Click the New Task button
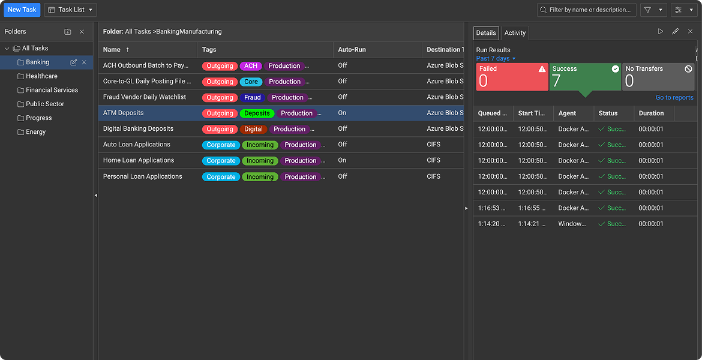click(x=22, y=10)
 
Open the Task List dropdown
click(x=70, y=10)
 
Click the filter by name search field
click(x=591, y=10)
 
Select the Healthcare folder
click(x=41, y=76)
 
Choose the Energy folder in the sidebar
click(x=35, y=132)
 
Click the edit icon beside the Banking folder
click(x=74, y=62)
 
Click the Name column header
click(x=112, y=50)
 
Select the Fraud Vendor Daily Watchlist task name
click(x=145, y=97)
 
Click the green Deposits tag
click(x=257, y=113)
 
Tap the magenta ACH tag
click(x=251, y=66)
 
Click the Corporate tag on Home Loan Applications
click(x=221, y=161)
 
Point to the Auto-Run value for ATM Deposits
click(x=342, y=113)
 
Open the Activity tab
click(x=515, y=33)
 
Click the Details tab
click(x=486, y=33)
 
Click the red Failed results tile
click(x=512, y=77)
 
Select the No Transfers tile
click(x=658, y=77)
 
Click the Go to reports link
click(x=674, y=97)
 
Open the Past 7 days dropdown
click(x=496, y=58)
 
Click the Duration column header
click(x=651, y=113)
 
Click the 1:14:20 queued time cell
click(x=492, y=224)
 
